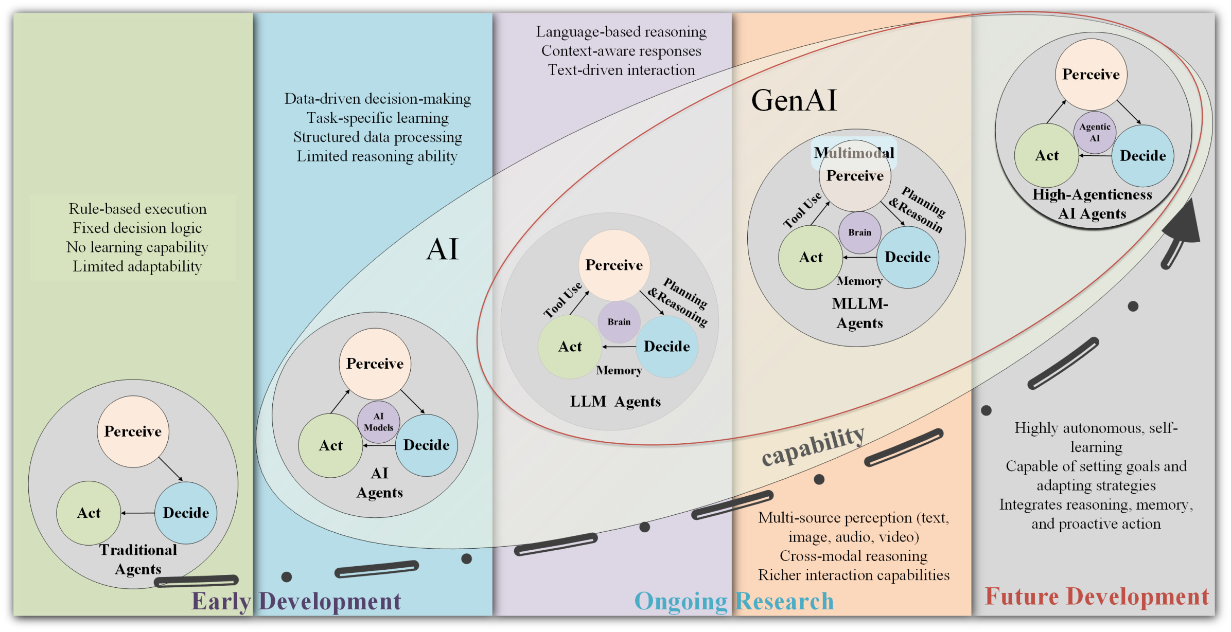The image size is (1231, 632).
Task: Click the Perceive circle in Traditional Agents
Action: (x=133, y=431)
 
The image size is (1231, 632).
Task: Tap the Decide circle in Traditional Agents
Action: (x=186, y=513)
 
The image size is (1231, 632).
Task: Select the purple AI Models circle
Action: (x=378, y=422)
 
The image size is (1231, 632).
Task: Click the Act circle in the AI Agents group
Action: (x=330, y=445)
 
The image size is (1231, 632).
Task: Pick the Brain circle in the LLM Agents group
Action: (x=619, y=322)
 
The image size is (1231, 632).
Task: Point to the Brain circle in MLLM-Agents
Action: (x=859, y=232)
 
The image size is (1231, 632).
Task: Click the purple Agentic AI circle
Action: (x=1095, y=133)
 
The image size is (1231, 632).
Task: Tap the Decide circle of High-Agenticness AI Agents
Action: (x=1142, y=156)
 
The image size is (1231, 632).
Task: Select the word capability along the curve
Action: (x=813, y=445)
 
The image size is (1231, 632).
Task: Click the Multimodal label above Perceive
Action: (x=854, y=153)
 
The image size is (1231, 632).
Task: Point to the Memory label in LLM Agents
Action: (x=619, y=370)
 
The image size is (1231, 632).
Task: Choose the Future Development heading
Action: (x=1097, y=597)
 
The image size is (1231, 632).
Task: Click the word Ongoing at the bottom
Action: (x=681, y=601)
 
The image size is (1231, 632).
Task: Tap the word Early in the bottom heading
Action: (x=221, y=601)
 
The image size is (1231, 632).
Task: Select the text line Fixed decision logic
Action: (x=137, y=228)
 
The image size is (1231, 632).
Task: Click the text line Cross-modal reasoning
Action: (x=853, y=556)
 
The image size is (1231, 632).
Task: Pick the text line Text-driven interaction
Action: (x=621, y=70)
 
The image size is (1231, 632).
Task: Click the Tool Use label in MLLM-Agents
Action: (x=802, y=211)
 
